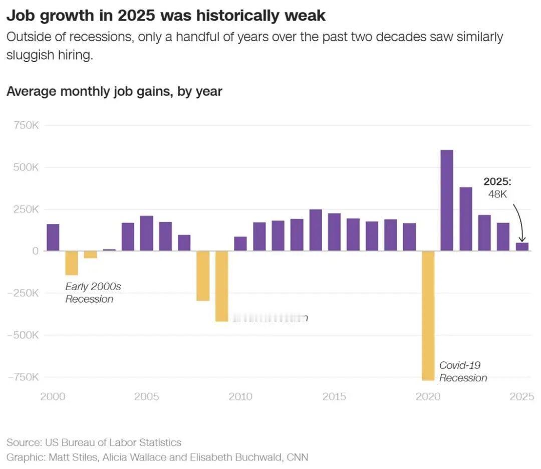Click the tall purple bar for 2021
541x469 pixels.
pyautogui.click(x=446, y=200)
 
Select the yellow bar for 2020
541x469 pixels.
pyautogui.click(x=428, y=316)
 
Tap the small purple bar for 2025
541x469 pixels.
pyautogui.click(x=522, y=247)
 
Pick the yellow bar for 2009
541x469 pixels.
pyautogui.click(x=221, y=286)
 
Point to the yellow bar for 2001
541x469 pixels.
pyautogui.click(x=72, y=263)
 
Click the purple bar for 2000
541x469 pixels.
pyautogui.click(x=53, y=238)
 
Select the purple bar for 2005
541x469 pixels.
pyautogui.click(x=147, y=233)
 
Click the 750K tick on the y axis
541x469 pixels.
pyautogui.click(x=26, y=125)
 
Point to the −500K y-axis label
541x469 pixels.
pyautogui.click(x=23, y=335)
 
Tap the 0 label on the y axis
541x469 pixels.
pyautogui.click(x=35, y=251)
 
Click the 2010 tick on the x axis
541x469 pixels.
pyautogui.click(x=240, y=397)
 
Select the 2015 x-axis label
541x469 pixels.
pyautogui.click(x=334, y=397)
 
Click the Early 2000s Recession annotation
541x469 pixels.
pyautogui.click(x=93, y=293)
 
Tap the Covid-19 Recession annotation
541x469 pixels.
pyautogui.click(x=462, y=371)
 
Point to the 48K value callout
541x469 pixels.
pyautogui.click(x=497, y=194)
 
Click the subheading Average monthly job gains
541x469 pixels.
pyautogui.click(x=114, y=92)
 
